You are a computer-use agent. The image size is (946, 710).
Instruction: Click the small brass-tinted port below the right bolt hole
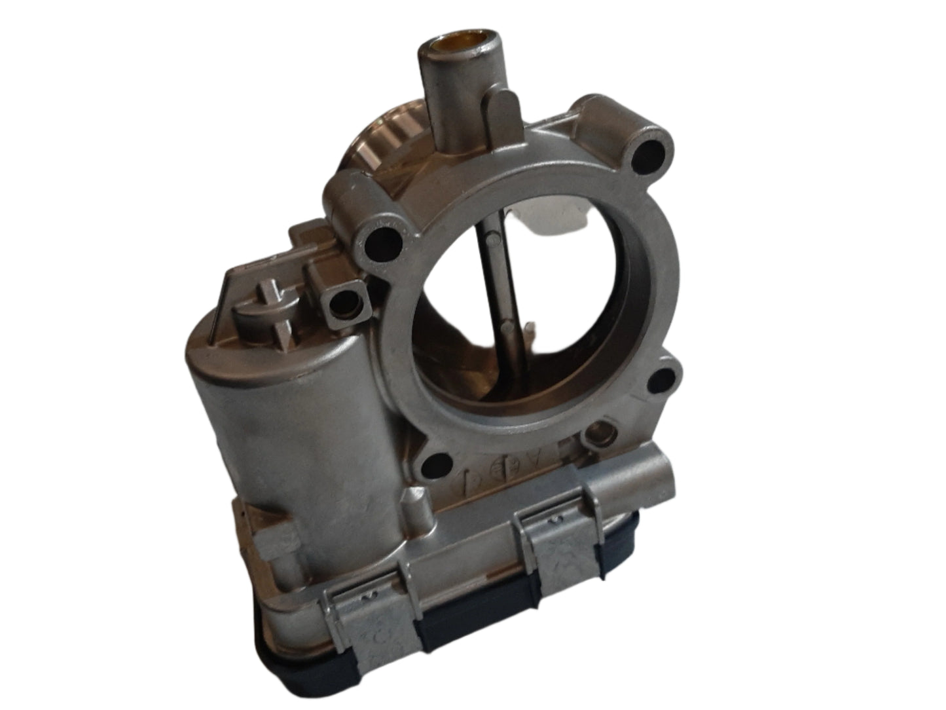pos(598,432)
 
